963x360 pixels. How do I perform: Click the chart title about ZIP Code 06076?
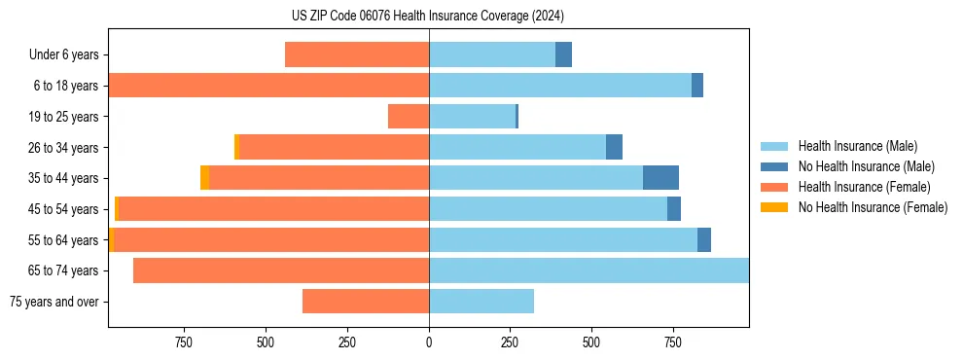[x=428, y=16]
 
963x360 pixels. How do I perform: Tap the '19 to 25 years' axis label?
[x=63, y=117]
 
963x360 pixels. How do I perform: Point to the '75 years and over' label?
[x=54, y=302]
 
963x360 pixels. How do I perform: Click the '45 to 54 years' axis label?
[x=63, y=209]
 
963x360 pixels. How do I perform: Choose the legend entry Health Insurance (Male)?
[x=857, y=146]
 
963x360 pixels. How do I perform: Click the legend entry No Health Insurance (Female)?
[x=873, y=207]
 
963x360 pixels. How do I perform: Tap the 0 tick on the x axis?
[x=429, y=342]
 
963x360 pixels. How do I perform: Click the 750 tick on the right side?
[x=672, y=342]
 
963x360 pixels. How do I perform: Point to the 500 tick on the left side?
[x=266, y=342]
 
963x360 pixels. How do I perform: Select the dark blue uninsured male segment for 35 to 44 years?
[x=660, y=178]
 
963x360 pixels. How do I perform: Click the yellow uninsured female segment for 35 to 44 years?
[x=204, y=178]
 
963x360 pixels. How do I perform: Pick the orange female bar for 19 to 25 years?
[x=409, y=117]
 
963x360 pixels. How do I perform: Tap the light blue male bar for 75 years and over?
[x=481, y=302]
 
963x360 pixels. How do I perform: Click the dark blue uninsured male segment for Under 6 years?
[x=563, y=55]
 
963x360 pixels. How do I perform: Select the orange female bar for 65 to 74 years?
[x=281, y=270]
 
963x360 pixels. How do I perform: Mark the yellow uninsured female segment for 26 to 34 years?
[x=236, y=147]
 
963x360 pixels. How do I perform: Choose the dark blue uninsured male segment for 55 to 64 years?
[x=704, y=239]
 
